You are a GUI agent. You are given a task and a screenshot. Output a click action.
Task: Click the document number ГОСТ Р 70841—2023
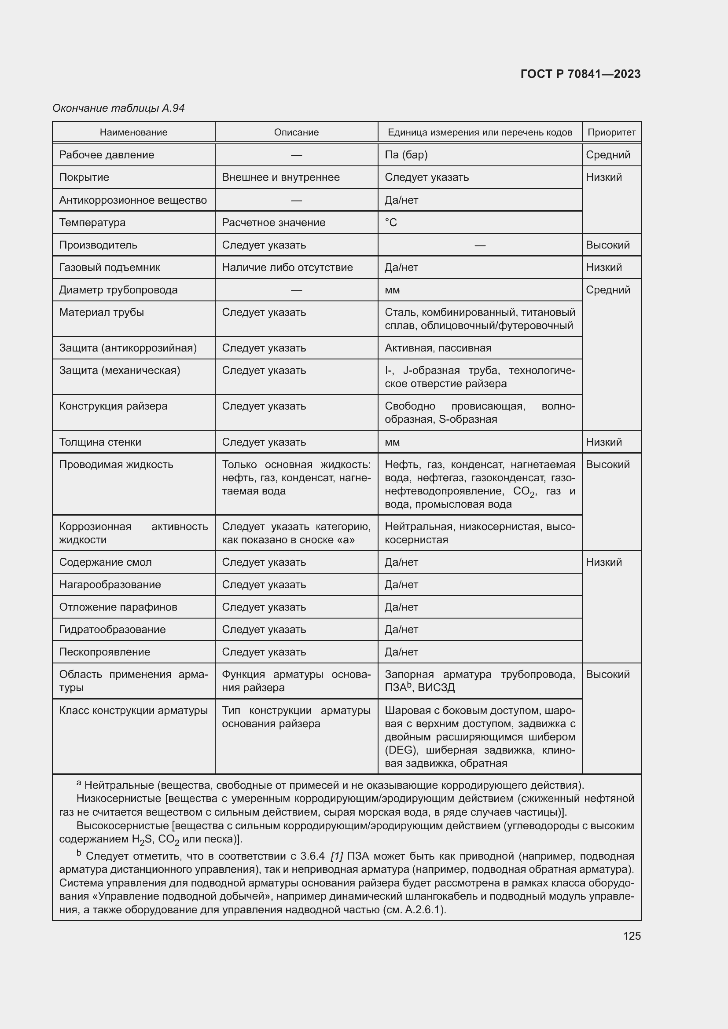(580, 74)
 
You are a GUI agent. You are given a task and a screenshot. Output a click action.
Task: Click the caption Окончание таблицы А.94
(118, 108)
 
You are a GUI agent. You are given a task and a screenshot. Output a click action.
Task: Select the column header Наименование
(134, 132)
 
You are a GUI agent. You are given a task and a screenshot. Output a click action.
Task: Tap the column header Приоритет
(611, 132)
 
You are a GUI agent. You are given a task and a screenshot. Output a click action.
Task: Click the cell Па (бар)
(406, 154)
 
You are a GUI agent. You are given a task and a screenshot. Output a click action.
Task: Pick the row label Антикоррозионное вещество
(132, 200)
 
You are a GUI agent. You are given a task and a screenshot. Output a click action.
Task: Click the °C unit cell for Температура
(391, 222)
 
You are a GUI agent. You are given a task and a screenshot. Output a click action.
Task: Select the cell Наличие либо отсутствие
(287, 267)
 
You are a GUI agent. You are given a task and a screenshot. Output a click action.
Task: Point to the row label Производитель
(98, 245)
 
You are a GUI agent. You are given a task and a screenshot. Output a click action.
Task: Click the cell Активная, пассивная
(438, 348)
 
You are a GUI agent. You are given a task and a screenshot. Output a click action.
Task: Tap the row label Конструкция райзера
(113, 406)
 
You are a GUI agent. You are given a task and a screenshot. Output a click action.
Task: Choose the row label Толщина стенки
(100, 442)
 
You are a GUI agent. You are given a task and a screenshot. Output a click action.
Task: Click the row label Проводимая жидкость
(116, 464)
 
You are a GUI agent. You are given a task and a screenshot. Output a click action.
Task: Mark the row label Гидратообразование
(112, 629)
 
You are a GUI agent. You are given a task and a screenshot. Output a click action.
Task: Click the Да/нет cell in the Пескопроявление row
(401, 652)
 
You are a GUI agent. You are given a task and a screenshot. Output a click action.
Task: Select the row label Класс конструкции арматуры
(133, 710)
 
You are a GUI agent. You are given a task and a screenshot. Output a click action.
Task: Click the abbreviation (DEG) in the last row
(401, 750)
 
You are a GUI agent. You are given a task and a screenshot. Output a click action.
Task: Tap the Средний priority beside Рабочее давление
(608, 154)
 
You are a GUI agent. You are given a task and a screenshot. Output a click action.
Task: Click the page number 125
(632, 936)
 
